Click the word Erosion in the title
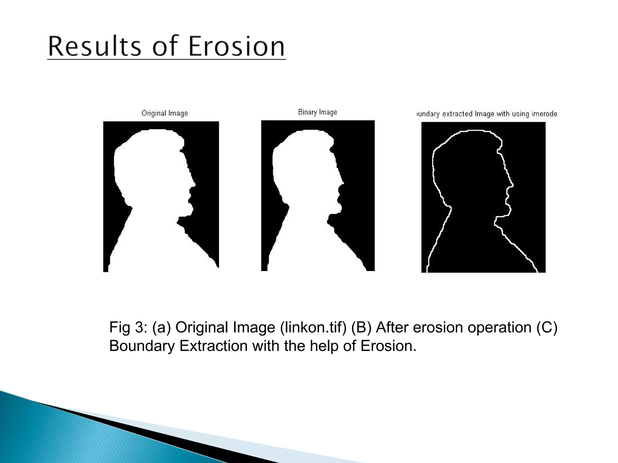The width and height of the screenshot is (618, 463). point(237,47)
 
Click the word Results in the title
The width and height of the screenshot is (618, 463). point(94,47)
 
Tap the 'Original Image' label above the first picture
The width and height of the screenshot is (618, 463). point(164,113)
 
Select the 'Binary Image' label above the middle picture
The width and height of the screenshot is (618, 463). point(317,112)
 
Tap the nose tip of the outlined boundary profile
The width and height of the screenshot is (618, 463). point(513,185)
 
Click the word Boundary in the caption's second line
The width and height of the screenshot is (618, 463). point(142,346)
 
